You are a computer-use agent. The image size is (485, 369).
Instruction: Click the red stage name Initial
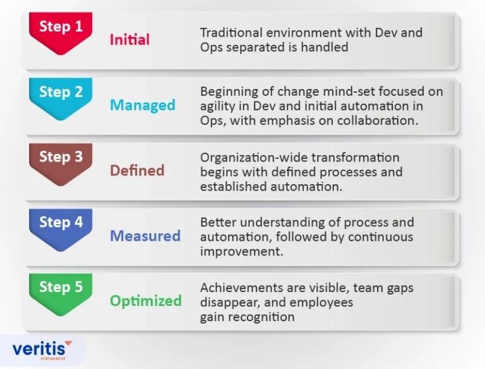pos(129,40)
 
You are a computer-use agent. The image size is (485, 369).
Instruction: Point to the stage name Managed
pos(143,106)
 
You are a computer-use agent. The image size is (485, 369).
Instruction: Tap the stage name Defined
pos(137,170)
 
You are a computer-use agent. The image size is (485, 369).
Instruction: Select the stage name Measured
pos(145,236)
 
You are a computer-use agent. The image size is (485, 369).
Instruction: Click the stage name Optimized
pos(146,302)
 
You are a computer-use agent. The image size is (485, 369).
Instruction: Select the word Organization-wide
pos(254,158)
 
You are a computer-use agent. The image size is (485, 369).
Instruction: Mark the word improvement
pos(242,252)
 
